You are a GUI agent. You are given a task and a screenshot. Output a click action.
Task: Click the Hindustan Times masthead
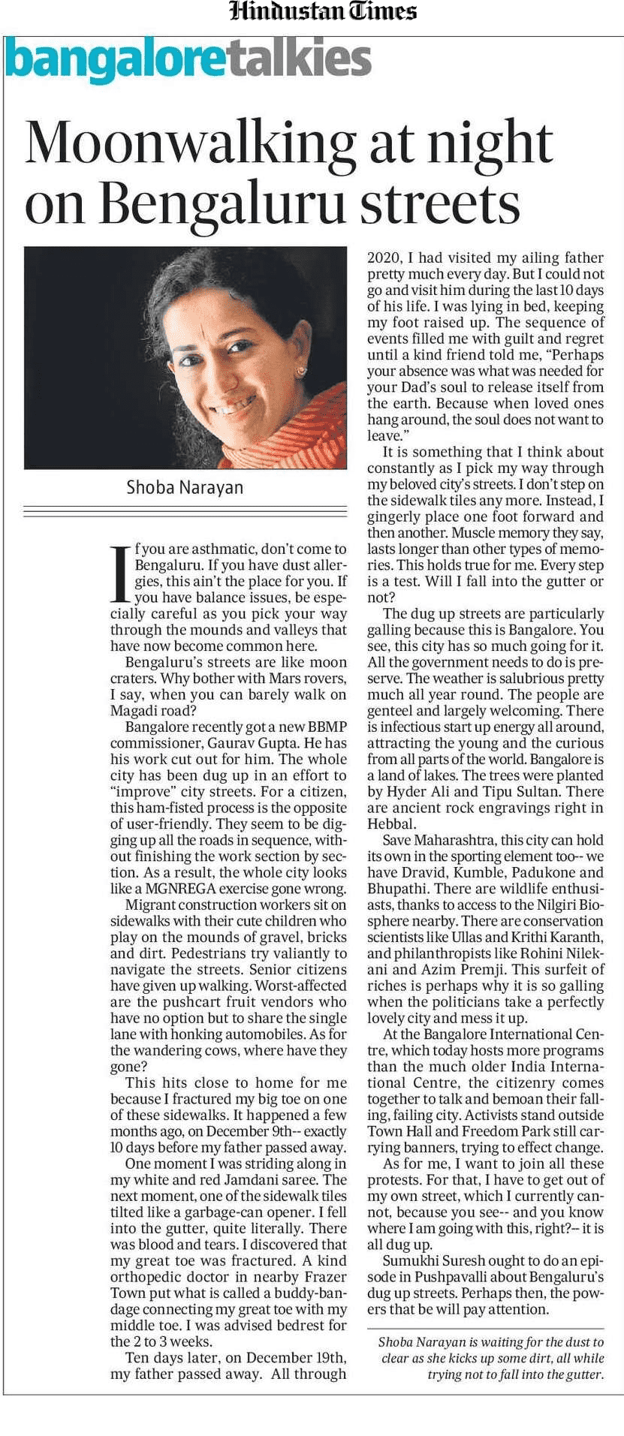pyautogui.click(x=323, y=11)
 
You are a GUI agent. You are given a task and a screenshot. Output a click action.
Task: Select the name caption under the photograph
pyautogui.click(x=185, y=487)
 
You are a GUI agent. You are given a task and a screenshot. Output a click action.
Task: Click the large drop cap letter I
pyautogui.click(x=120, y=574)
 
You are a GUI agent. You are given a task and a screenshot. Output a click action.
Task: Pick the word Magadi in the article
pyautogui.click(x=133, y=711)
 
